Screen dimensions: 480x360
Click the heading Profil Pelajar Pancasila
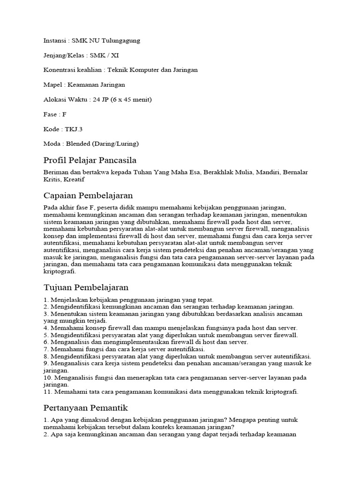pyautogui.click(x=90, y=160)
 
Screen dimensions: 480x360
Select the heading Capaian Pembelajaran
pyautogui.click(x=88, y=195)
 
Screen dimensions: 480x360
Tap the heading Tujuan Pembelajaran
pyautogui.click(x=86, y=287)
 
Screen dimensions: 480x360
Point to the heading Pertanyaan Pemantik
pyautogui.click(x=85, y=407)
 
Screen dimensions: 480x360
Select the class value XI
pyautogui.click(x=114, y=55)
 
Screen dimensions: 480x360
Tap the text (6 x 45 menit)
pyautogui.click(x=131, y=99)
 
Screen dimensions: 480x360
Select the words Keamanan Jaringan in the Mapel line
pyautogui.click(x=96, y=85)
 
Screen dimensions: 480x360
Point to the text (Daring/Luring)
pyautogui.click(x=116, y=143)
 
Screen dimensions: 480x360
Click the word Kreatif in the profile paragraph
pyautogui.click(x=75, y=180)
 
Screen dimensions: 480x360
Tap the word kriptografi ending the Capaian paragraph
pyautogui.click(x=59, y=271)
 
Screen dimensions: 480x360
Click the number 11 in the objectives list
pyautogui.click(x=47, y=392)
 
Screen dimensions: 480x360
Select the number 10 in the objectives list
pyautogui.click(x=47, y=377)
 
